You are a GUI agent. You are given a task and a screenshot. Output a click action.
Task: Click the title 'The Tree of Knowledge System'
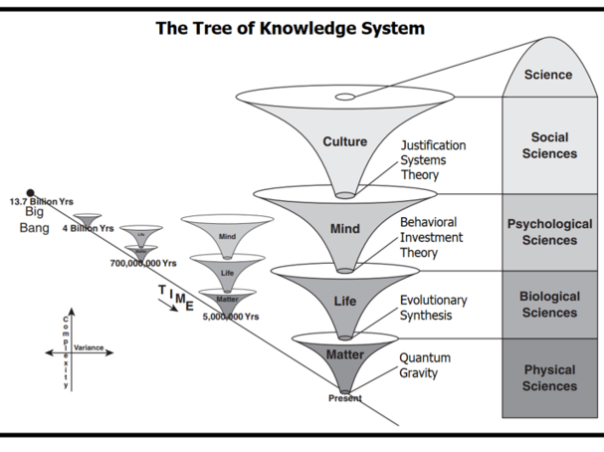[290, 28]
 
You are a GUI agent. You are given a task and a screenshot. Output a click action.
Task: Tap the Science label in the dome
[548, 75]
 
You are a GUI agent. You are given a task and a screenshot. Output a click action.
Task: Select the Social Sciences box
[549, 145]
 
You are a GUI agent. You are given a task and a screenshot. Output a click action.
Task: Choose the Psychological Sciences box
[549, 232]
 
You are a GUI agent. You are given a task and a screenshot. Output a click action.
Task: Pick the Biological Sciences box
[549, 305]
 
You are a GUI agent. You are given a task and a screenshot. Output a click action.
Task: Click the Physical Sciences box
[549, 377]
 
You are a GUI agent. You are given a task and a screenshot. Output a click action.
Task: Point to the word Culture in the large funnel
[344, 142]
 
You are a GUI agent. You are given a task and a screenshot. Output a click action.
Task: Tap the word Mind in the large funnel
[344, 229]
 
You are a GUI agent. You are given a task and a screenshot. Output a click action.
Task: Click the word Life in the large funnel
[344, 301]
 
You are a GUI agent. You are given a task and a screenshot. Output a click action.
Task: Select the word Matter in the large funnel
[344, 354]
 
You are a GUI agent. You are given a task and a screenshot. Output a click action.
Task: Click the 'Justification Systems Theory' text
[433, 159]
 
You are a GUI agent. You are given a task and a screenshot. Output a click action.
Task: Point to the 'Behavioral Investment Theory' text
[433, 237]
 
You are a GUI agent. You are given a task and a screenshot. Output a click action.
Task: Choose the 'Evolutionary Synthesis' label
[433, 308]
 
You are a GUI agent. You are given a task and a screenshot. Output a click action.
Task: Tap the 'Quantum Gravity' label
[425, 365]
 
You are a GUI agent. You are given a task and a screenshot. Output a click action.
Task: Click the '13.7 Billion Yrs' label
[41, 202]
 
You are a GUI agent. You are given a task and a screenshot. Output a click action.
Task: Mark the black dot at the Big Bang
[30, 192]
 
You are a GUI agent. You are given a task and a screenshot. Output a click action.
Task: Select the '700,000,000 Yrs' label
[143, 264]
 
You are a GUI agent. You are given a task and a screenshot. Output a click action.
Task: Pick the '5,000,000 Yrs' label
[231, 317]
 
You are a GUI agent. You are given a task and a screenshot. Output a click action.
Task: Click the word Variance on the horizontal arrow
[89, 348]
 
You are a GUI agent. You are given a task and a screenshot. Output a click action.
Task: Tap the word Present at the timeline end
[344, 398]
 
